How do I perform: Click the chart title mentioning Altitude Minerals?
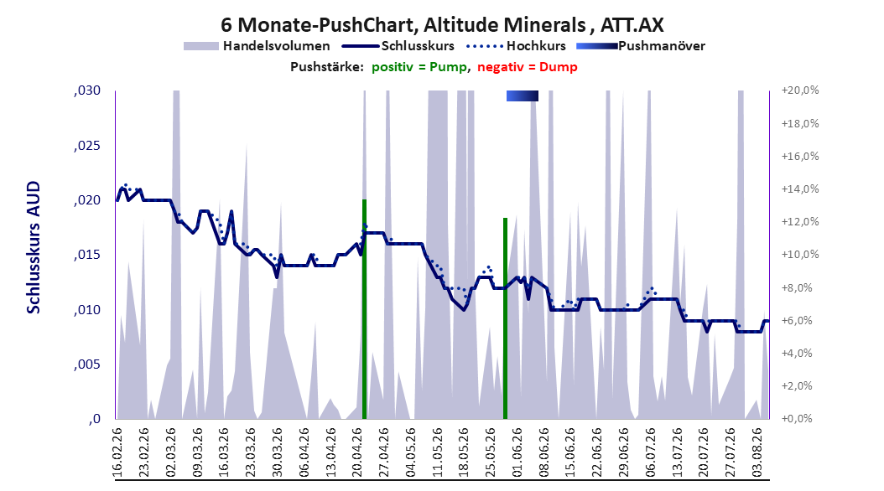click(442, 25)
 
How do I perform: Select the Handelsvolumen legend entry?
click(257, 46)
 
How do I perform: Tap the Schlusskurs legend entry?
click(398, 46)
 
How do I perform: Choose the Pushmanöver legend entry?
click(641, 46)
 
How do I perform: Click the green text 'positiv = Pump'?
click(419, 67)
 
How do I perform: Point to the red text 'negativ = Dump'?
click(528, 67)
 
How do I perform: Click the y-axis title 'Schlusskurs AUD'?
click(34, 247)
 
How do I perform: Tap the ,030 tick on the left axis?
click(87, 90)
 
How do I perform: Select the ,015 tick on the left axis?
click(87, 255)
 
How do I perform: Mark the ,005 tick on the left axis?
click(87, 364)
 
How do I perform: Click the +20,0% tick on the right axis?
click(800, 90)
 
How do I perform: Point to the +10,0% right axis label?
click(800, 255)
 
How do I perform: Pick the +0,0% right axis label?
click(797, 418)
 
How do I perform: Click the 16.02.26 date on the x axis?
click(117, 452)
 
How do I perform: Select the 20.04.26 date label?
click(357, 452)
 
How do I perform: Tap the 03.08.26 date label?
click(757, 452)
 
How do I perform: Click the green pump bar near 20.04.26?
click(364, 309)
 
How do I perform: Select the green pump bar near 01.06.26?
click(505, 318)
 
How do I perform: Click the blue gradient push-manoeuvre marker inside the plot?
click(522, 96)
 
